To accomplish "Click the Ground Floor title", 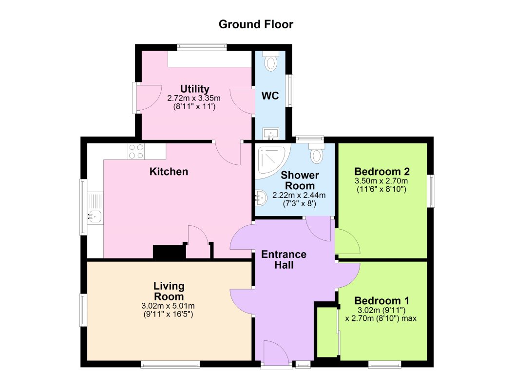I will point(256,24).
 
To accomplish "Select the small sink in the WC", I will point(270,133).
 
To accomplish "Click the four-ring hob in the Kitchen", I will point(136,152).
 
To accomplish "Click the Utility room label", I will point(194,89).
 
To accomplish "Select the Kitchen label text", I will point(169,172).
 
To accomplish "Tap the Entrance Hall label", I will point(284,259).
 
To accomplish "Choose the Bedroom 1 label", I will point(381,300).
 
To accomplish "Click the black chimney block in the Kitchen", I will point(170,252).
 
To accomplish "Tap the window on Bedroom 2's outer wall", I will point(431,191).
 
